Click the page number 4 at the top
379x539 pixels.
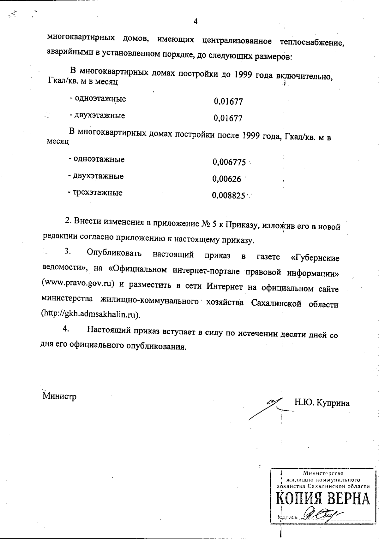[195, 21]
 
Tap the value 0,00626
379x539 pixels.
[227, 179]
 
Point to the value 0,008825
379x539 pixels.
[229, 196]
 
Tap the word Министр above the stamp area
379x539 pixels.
[59, 396]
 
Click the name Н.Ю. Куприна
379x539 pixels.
[322, 403]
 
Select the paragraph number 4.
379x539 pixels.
[66, 329]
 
